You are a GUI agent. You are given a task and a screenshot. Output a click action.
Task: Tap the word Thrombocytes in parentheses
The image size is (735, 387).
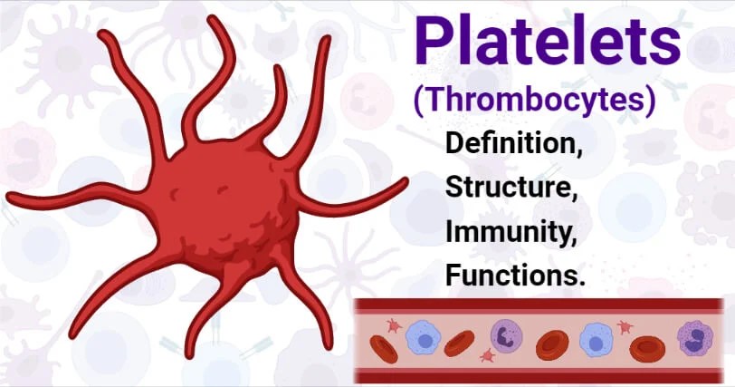[534, 100]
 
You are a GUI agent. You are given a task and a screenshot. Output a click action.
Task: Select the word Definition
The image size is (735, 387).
[514, 144]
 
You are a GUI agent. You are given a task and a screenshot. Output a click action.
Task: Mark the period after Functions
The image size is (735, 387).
[581, 284]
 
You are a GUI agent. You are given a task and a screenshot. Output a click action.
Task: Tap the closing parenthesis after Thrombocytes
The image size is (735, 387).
[649, 101]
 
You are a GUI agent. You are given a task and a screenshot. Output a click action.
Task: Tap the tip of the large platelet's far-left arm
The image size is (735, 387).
[11, 198]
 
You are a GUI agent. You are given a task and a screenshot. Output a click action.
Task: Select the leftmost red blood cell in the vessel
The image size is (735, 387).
[384, 348]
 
